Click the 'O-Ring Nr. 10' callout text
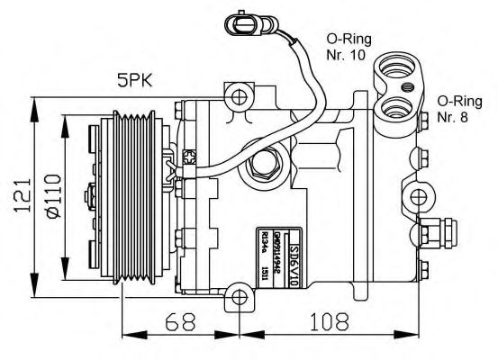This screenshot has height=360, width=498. [x=346, y=48]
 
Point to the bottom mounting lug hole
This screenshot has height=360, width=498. [x=240, y=294]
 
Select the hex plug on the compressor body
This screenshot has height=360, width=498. [x=268, y=166]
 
